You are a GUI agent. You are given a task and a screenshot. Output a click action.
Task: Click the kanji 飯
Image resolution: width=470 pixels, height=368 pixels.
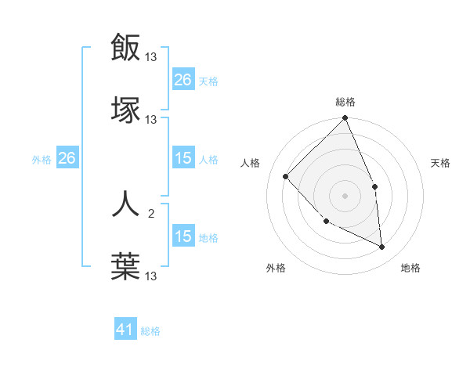[126, 48]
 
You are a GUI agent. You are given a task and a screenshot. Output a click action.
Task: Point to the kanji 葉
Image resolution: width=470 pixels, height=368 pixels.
[126, 266]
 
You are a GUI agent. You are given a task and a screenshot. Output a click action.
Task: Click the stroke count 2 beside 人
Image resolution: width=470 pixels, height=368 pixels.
[151, 213]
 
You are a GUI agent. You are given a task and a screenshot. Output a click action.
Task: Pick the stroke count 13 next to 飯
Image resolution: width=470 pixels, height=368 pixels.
[151, 57]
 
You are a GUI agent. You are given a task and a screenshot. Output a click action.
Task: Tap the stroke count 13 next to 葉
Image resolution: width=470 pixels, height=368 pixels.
[151, 276]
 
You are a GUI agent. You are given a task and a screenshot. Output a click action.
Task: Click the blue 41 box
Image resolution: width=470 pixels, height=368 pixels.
[125, 330]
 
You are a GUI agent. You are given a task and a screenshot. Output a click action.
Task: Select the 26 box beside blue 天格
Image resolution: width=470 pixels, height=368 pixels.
[183, 80]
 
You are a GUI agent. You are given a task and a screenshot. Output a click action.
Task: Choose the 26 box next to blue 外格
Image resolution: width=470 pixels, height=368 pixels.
[67, 158]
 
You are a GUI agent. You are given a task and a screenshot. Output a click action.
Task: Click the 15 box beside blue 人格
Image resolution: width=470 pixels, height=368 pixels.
[183, 158]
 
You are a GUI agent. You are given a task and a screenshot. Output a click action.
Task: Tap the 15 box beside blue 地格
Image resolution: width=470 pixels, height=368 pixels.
[183, 236]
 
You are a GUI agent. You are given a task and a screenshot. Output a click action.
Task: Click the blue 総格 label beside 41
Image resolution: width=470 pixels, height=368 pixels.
[150, 331]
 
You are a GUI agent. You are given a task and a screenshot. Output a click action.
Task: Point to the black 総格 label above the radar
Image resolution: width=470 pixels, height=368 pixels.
[345, 102]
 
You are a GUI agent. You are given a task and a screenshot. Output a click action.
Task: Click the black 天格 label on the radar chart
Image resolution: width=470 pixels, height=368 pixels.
[441, 163]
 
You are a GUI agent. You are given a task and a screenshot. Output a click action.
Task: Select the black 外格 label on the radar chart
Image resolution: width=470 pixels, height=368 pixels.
[276, 269]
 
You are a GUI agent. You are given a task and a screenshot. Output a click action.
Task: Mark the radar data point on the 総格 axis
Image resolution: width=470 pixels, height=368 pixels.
[345, 119]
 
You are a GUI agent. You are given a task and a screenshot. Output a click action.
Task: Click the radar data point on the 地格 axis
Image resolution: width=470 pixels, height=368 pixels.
[381, 247]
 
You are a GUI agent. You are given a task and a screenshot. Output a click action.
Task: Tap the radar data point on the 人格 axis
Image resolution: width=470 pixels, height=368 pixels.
[286, 176]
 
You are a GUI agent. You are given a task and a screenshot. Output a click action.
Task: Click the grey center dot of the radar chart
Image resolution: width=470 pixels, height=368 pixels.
[345, 196]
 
